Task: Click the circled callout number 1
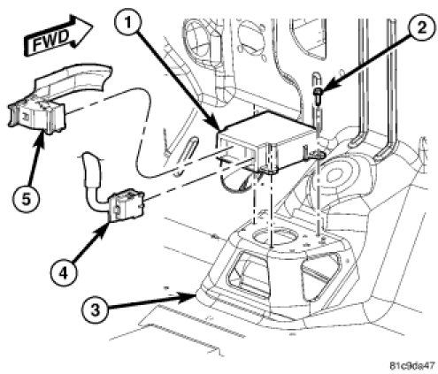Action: pos(127,22)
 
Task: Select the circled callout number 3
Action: pos(95,309)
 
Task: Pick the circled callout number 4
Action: pos(63,273)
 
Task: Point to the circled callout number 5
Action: pos(26,200)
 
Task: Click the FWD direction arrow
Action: pos(58,35)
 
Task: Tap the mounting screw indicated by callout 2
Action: pos(318,95)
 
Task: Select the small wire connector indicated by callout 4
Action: pos(127,205)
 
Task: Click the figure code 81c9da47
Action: pos(412,365)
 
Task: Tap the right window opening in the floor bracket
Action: pos(319,276)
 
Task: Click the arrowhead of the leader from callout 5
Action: pos(42,139)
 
